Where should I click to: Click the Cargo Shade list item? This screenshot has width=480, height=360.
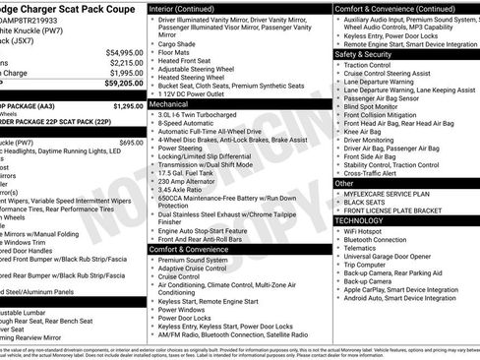coord(176,43)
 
